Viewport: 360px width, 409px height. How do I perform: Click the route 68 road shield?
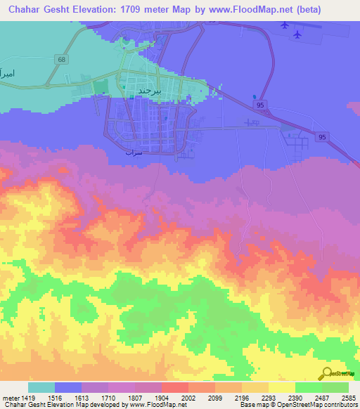(63, 60)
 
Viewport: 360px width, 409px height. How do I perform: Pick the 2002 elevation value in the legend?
(188, 397)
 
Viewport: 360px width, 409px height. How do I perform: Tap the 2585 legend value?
(348, 397)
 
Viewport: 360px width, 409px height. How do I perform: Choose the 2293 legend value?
(268, 397)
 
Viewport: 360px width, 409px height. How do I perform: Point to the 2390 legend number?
(295, 397)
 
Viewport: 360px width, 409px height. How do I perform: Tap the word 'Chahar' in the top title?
(20, 11)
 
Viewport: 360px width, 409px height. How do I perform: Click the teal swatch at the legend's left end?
(41, 387)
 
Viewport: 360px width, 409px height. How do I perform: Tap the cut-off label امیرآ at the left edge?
(6, 73)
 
